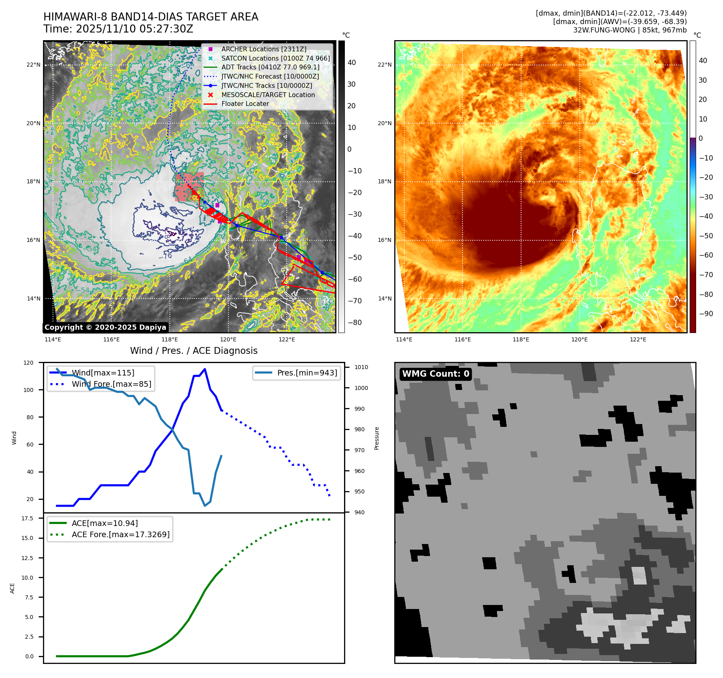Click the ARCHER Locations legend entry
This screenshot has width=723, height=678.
coord(263,49)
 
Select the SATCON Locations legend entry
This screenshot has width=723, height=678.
coord(275,58)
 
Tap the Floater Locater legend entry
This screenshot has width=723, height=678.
coord(245,104)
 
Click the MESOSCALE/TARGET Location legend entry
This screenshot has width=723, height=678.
coord(268,95)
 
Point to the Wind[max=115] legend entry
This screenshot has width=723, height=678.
coord(103,373)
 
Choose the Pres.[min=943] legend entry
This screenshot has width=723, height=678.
coord(307,373)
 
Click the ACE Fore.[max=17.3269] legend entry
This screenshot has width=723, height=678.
coord(120,534)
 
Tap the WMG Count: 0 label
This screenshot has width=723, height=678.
coord(436,374)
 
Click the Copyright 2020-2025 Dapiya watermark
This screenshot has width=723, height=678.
coord(105,327)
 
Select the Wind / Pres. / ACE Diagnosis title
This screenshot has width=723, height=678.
coord(194,351)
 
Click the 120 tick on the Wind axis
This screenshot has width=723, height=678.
coord(29,363)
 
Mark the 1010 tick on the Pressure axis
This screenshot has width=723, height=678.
coord(361,367)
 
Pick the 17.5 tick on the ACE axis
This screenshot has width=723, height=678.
coord(27,518)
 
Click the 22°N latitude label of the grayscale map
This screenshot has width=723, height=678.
coord(33,65)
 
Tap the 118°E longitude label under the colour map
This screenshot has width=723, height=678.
coord(521,339)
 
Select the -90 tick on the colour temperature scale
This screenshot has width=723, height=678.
coord(706,314)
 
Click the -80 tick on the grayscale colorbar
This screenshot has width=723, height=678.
coord(354,323)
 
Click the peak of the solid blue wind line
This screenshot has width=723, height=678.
coord(205,369)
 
